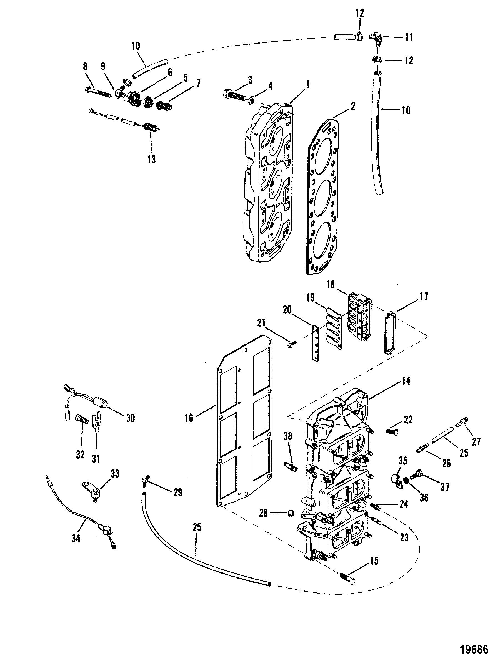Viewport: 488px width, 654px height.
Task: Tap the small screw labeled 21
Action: (292, 343)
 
